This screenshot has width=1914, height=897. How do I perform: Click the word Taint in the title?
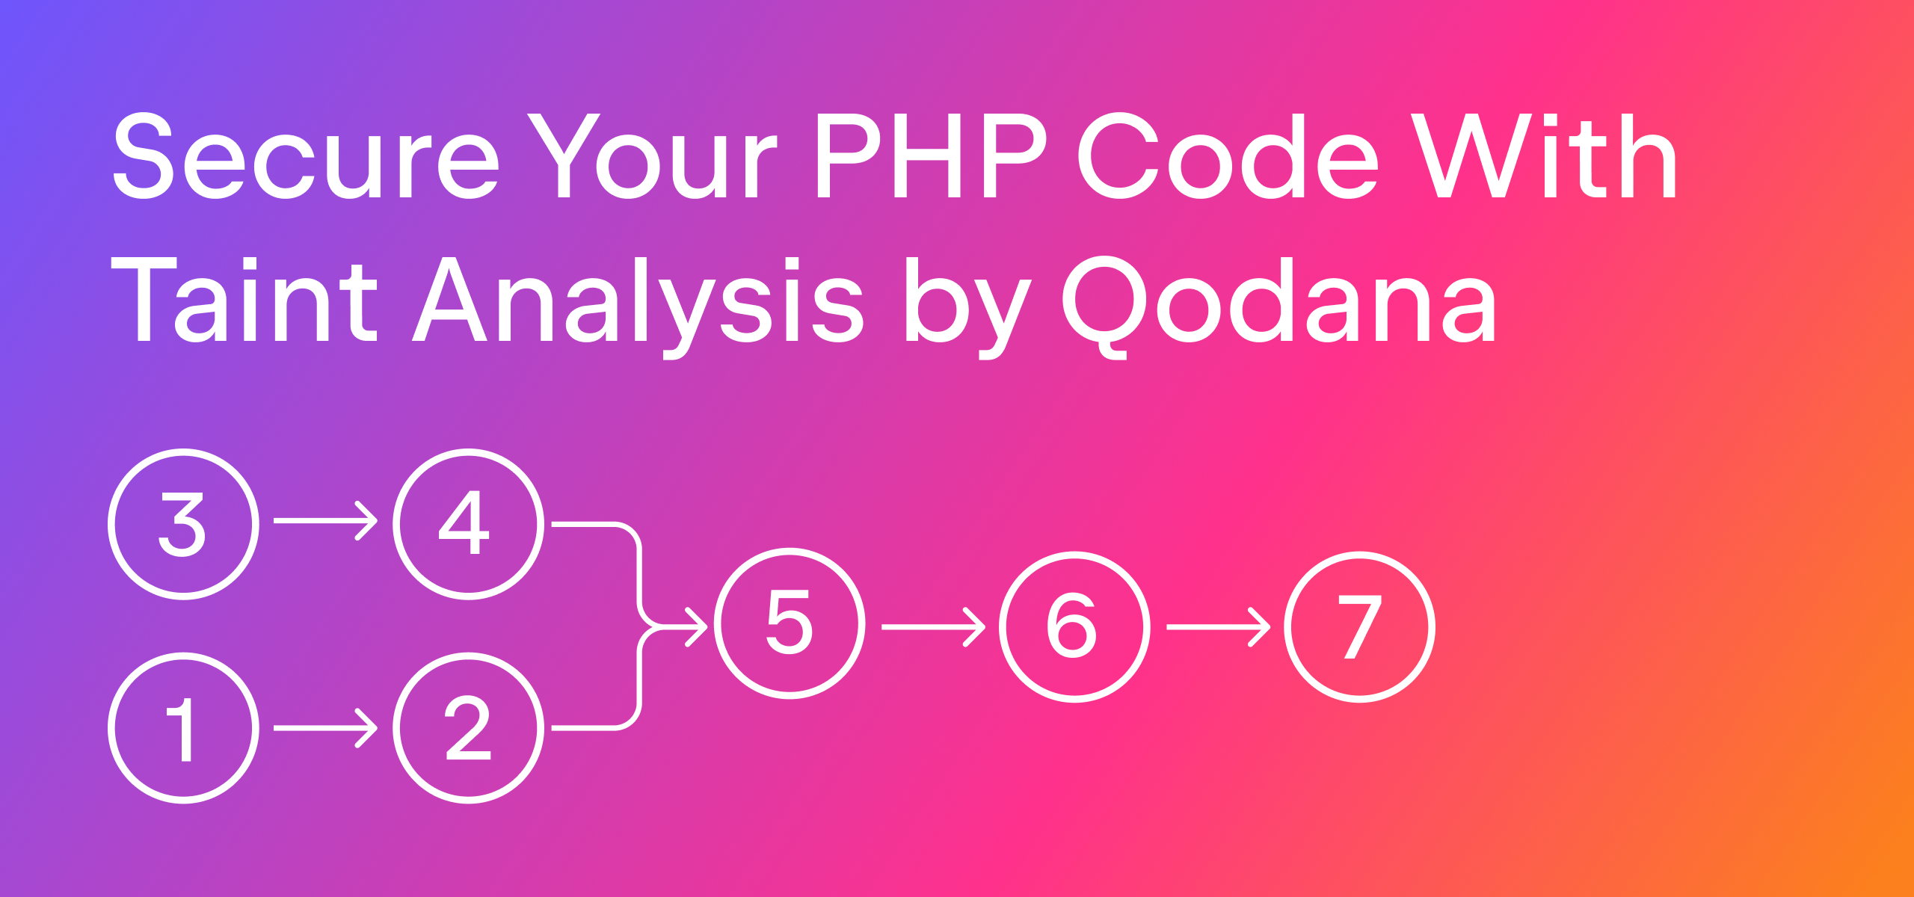pyautogui.click(x=244, y=299)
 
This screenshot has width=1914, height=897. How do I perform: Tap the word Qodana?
pyautogui.click(x=1279, y=306)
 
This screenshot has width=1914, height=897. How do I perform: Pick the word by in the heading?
pyautogui.click(x=969, y=306)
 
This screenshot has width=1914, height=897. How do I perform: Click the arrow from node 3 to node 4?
pyautogui.click(x=326, y=520)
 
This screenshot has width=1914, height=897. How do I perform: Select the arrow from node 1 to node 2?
pyautogui.click(x=326, y=728)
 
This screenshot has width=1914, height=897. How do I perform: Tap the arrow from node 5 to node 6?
pyautogui.click(x=934, y=627)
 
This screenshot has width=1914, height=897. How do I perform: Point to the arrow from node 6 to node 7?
pyautogui.click(x=1219, y=627)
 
